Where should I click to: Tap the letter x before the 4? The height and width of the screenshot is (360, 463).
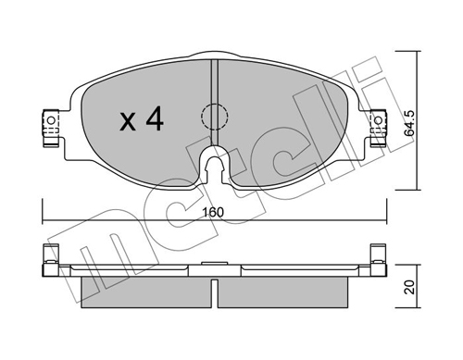129,122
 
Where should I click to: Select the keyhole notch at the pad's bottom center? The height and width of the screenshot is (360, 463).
215,168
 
